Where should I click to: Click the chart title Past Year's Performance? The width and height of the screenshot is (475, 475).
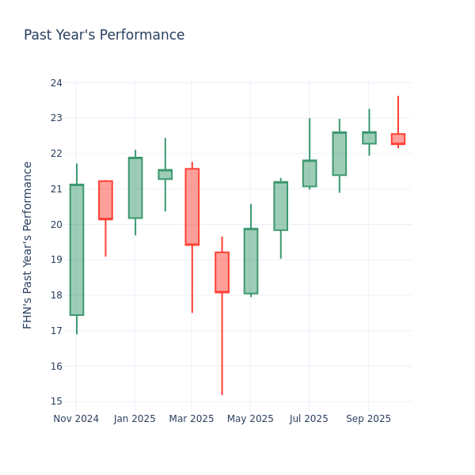tap(104, 36)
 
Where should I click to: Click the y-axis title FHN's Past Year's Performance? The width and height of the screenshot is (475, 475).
tap(28, 245)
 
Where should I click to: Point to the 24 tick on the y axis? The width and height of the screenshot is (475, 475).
tap(56, 83)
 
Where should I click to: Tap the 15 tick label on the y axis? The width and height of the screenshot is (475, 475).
tap(56, 401)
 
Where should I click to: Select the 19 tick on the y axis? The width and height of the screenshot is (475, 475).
tap(56, 260)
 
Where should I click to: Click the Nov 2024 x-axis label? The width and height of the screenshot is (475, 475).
tap(76, 419)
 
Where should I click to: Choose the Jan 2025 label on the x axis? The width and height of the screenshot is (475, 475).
tap(135, 419)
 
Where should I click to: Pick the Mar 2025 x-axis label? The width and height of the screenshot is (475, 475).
tap(192, 419)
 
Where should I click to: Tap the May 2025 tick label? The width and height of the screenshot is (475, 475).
tap(251, 419)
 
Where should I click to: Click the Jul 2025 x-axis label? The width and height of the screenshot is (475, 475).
tap(310, 419)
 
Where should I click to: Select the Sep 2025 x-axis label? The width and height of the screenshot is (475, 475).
tap(369, 419)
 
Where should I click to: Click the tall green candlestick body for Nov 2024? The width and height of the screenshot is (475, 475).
tap(77, 249)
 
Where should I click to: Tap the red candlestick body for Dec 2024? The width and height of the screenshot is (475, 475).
tap(105, 200)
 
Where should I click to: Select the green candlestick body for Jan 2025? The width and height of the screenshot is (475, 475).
tap(135, 188)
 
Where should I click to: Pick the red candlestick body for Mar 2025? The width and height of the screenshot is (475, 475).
tap(192, 207)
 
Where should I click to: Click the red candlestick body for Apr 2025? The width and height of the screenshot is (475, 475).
tap(222, 272)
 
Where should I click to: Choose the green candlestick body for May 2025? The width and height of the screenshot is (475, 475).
tap(251, 261)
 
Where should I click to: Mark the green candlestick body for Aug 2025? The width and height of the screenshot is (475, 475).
tap(339, 154)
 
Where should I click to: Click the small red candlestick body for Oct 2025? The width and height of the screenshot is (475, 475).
tap(398, 139)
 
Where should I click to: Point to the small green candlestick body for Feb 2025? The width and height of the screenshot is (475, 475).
tap(165, 174)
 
